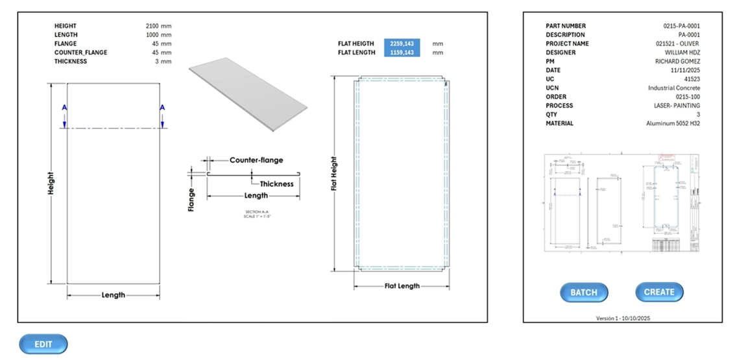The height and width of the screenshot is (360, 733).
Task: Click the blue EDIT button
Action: point(43,344)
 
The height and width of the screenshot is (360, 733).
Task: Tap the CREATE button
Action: point(659,292)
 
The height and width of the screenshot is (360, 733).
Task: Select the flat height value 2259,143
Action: point(402,43)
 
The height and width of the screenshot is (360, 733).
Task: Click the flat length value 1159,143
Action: point(402,53)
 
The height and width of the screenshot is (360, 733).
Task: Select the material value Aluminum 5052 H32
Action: point(673,123)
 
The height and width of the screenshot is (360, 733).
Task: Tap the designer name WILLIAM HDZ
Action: point(682,53)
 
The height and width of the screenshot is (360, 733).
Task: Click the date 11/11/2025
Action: point(686,70)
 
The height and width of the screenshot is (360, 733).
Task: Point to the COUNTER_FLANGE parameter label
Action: point(80,53)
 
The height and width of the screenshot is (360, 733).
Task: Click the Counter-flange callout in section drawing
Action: point(256,160)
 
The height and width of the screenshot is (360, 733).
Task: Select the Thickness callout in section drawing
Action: point(276,184)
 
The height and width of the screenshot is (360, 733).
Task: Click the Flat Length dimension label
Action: point(402,286)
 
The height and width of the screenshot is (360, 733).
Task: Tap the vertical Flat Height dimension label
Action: point(334,173)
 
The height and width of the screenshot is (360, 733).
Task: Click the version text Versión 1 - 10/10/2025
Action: point(622,318)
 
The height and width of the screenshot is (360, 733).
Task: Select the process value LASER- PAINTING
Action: point(677,106)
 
